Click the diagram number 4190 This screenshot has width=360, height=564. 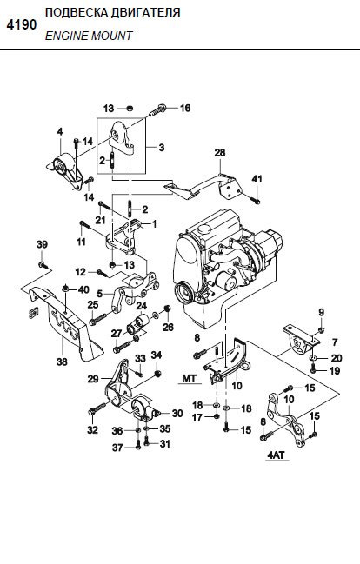[x=22, y=25]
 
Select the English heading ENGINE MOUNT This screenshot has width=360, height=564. [x=89, y=36]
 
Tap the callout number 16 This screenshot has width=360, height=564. [x=185, y=108]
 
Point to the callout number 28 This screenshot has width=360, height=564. [x=220, y=152]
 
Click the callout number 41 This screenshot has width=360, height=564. [x=257, y=179]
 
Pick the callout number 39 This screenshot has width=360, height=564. [x=42, y=244]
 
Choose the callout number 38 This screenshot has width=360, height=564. [x=62, y=362]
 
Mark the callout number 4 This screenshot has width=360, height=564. [x=60, y=131]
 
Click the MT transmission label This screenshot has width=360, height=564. [x=190, y=378]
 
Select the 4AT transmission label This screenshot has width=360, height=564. [x=277, y=455]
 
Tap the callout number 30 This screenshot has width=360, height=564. [x=177, y=414]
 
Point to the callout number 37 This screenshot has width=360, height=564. [x=117, y=448]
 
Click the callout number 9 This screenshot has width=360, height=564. [x=322, y=312]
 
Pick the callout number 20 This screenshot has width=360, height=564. [x=337, y=358]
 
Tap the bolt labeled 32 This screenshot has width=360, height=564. [x=97, y=409]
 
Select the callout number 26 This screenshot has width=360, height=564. [x=168, y=327]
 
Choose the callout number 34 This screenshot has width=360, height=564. [x=157, y=355]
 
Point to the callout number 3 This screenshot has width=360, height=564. [x=161, y=148]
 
